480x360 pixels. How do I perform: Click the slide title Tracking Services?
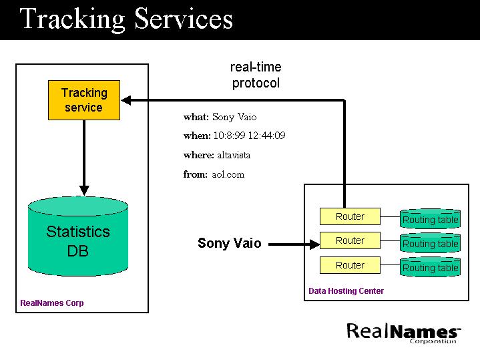click(126, 19)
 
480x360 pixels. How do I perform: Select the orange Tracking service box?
click(84, 100)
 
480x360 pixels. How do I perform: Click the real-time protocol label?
click(256, 75)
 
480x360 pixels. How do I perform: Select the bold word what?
click(196, 117)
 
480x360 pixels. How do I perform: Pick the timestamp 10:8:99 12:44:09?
click(249, 136)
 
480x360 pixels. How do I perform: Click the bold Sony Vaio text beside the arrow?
click(230, 243)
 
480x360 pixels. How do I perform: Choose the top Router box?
click(350, 216)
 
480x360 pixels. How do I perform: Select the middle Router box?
click(350, 240)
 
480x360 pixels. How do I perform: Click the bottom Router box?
click(350, 265)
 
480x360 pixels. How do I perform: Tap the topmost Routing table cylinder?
click(430, 219)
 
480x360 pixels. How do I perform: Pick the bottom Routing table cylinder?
click(430, 267)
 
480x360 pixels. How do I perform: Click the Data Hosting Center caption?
click(346, 291)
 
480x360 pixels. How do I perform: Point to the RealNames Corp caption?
click(52, 303)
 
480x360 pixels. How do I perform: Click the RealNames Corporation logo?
click(404, 332)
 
